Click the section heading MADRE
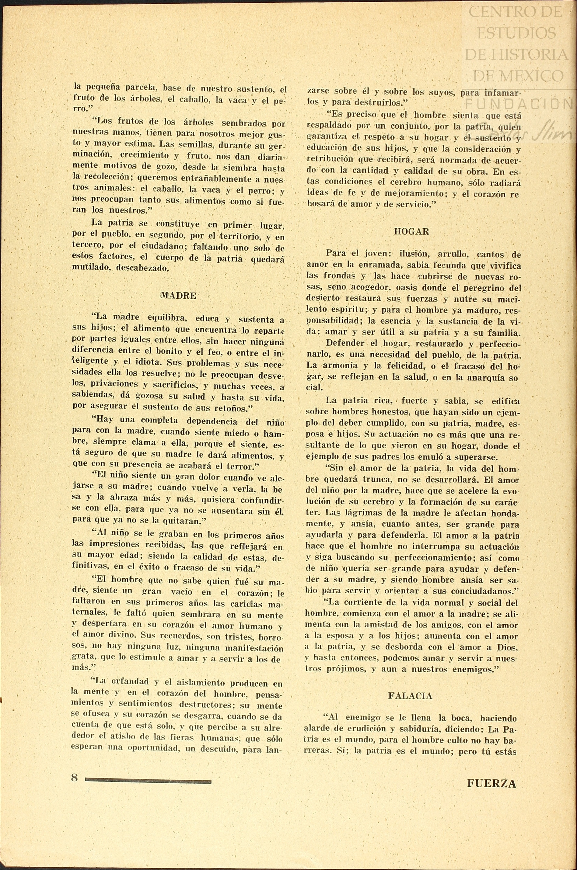(178, 296)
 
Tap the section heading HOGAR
(411, 232)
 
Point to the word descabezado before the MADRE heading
(142, 268)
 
